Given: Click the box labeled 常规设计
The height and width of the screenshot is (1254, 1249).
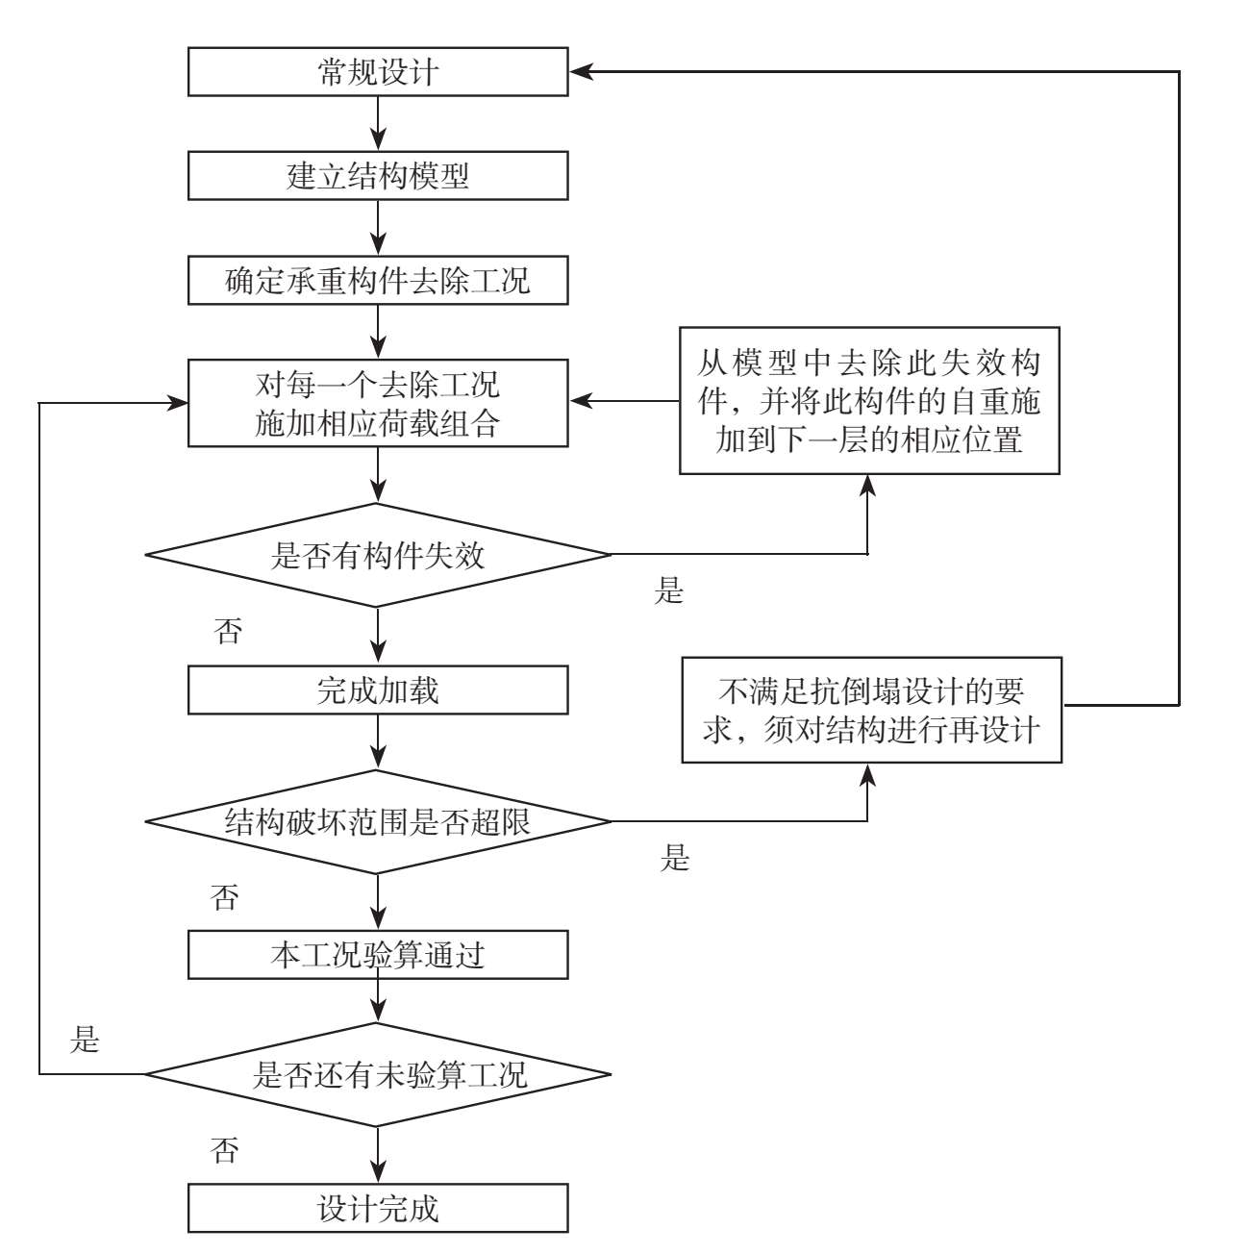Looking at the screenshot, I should [378, 73].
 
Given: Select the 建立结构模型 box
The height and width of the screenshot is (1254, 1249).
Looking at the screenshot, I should [378, 176].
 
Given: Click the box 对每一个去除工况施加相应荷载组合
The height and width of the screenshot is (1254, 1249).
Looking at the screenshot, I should [378, 403].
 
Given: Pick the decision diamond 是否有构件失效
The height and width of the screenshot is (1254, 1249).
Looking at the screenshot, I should [378, 555].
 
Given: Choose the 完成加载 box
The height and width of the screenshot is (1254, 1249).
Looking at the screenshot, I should [378, 690].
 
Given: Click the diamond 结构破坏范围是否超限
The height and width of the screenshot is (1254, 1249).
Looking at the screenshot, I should [378, 821].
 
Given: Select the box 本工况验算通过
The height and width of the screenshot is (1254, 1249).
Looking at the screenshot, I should [378, 955].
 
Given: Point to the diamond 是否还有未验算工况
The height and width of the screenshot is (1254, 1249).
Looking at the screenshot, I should [378, 1073].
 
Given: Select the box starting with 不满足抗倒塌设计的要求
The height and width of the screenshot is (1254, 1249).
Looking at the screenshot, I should [872, 710].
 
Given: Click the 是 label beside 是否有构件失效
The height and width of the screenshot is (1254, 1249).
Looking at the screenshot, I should [668, 590].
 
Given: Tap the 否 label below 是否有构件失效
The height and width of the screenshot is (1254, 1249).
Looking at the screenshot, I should [228, 632].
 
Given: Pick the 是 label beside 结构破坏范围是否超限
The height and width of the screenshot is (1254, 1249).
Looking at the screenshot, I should [675, 858].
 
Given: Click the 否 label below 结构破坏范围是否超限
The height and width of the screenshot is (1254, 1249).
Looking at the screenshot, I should [224, 897].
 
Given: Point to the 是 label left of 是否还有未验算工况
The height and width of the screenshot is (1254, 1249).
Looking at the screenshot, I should [86, 1040].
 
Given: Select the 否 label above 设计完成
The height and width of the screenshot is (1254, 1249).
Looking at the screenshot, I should [224, 1150].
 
